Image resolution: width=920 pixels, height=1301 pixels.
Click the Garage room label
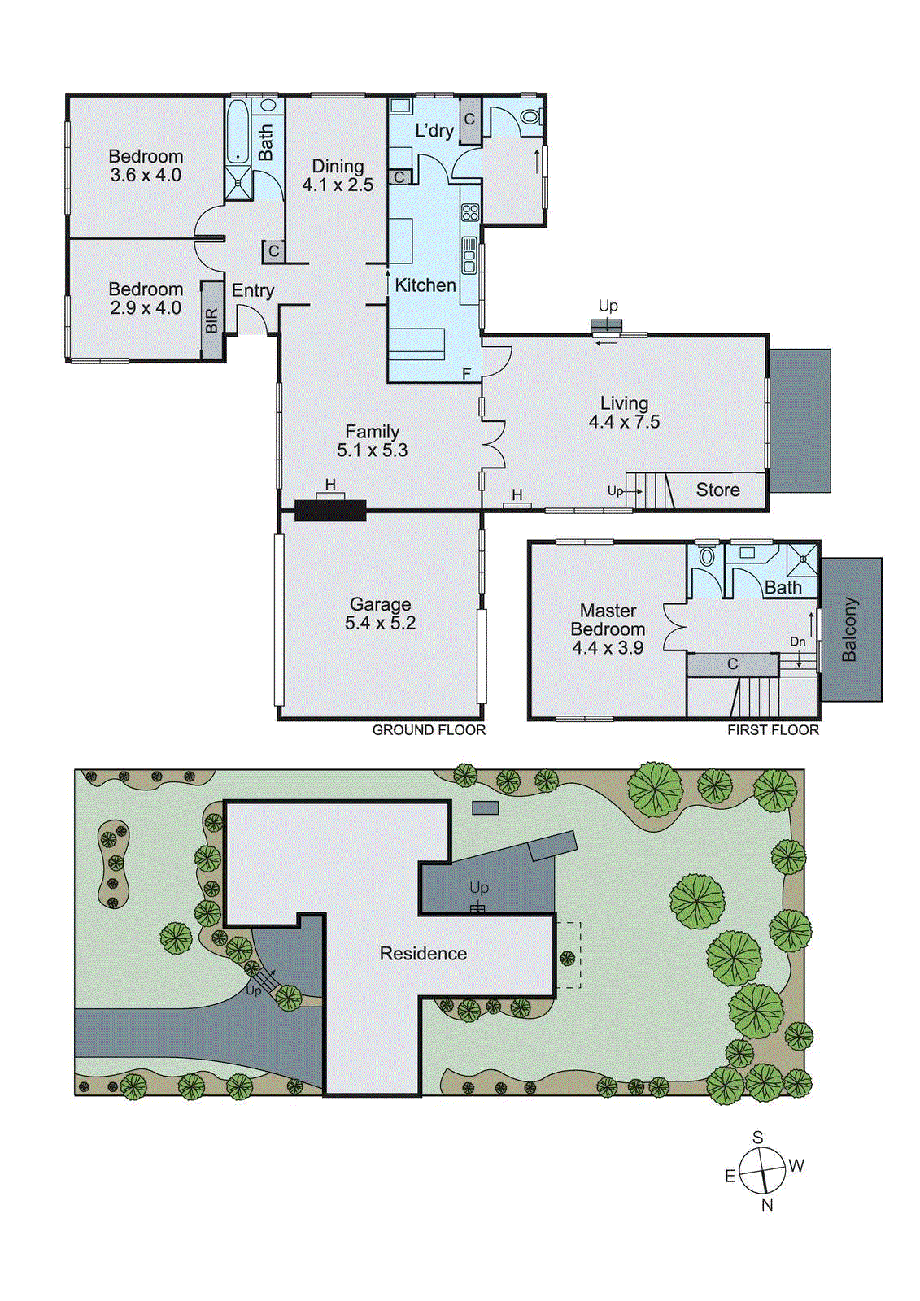tap(380, 604)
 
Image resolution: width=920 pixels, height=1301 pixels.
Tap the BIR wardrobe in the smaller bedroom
tap(211, 320)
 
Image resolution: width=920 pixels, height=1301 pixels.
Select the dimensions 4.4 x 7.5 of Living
tap(624, 422)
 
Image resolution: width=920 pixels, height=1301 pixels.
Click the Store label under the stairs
tap(717, 490)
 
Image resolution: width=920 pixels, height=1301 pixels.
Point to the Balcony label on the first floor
tap(849, 629)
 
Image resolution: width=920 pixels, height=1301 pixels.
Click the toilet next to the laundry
tap(530, 118)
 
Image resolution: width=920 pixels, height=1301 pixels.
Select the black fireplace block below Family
tap(330, 511)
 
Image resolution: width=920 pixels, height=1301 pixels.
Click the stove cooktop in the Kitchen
tap(470, 213)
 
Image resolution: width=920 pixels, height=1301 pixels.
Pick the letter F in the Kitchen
tap(467, 374)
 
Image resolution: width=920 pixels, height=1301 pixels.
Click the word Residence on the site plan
tap(423, 954)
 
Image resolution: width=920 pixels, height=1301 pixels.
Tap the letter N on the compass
tap(767, 1205)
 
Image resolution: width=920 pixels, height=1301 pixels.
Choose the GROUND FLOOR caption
tap(429, 730)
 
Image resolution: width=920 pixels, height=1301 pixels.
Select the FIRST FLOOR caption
tap(773, 730)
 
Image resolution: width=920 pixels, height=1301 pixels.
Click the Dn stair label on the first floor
tap(798, 642)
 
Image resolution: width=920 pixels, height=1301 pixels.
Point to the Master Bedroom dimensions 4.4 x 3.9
tap(608, 648)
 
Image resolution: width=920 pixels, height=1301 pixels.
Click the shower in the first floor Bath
tap(802, 559)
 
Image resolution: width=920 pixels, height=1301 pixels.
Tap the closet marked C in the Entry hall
tap(273, 252)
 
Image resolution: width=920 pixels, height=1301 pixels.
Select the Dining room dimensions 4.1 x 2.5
tap(338, 185)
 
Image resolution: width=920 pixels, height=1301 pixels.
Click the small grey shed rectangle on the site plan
tap(486, 807)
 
